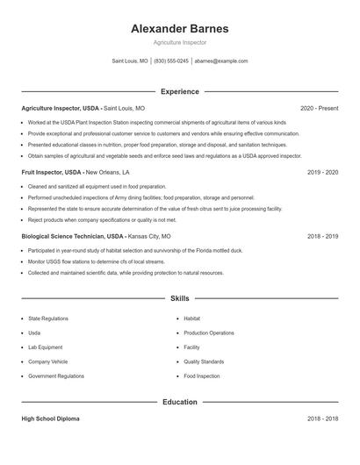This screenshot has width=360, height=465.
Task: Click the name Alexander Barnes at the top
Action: click(x=179, y=29)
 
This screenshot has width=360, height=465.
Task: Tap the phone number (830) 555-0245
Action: click(x=172, y=61)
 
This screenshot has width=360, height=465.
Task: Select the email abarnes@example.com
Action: click(x=221, y=61)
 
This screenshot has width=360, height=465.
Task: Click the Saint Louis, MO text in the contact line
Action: click(x=130, y=61)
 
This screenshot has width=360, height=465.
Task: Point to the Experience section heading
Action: click(x=179, y=91)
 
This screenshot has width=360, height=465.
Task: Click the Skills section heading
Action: click(x=179, y=299)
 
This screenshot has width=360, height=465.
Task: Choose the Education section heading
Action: click(x=179, y=402)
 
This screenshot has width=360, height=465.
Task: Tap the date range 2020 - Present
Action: click(x=319, y=109)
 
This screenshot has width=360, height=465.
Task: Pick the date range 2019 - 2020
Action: click(x=322, y=173)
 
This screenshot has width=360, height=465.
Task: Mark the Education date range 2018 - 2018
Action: click(x=322, y=419)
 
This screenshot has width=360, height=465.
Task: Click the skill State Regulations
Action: click(x=48, y=318)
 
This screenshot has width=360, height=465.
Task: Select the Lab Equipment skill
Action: click(x=45, y=347)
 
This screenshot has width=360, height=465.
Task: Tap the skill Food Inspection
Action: click(x=202, y=376)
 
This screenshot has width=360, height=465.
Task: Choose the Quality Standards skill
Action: click(x=204, y=361)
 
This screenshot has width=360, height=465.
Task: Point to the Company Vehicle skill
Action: click(x=48, y=361)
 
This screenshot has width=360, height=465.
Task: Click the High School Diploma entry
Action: click(x=50, y=419)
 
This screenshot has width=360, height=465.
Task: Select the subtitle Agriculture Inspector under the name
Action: click(x=179, y=43)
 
